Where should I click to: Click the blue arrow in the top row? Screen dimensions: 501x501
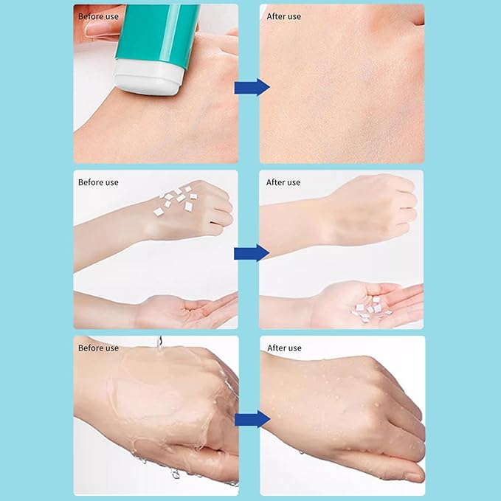pos(251,87)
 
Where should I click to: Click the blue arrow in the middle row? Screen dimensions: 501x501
pos(251,253)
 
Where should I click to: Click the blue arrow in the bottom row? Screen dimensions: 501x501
pos(251,420)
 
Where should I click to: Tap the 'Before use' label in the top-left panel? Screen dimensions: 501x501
pos(98,16)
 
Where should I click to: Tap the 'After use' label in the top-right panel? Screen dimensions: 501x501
pos(283,16)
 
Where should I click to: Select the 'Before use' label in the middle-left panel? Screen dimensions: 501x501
pos(98,182)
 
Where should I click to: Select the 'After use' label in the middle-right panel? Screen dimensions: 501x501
pos(283,182)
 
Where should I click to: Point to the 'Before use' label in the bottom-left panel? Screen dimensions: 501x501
pos(98,348)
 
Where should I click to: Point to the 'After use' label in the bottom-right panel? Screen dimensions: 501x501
pos(283,348)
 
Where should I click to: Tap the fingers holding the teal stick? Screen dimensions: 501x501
pos(100,28)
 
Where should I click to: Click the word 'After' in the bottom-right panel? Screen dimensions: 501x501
pos(276,348)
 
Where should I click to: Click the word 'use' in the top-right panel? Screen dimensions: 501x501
pos(294,16)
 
